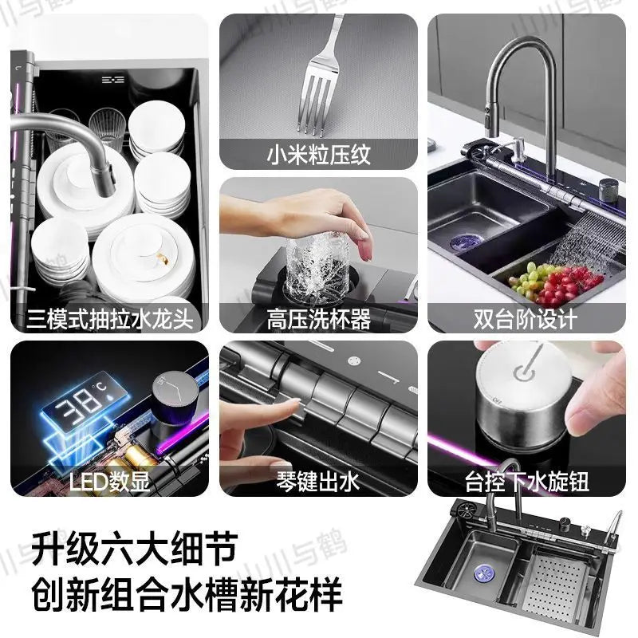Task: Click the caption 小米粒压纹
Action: tap(318, 154)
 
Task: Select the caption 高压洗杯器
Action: tap(318, 321)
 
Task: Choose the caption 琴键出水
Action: tap(318, 482)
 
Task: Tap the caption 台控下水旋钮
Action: tap(526, 482)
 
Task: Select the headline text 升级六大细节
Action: tap(135, 550)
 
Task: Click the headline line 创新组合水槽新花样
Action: tap(187, 595)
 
